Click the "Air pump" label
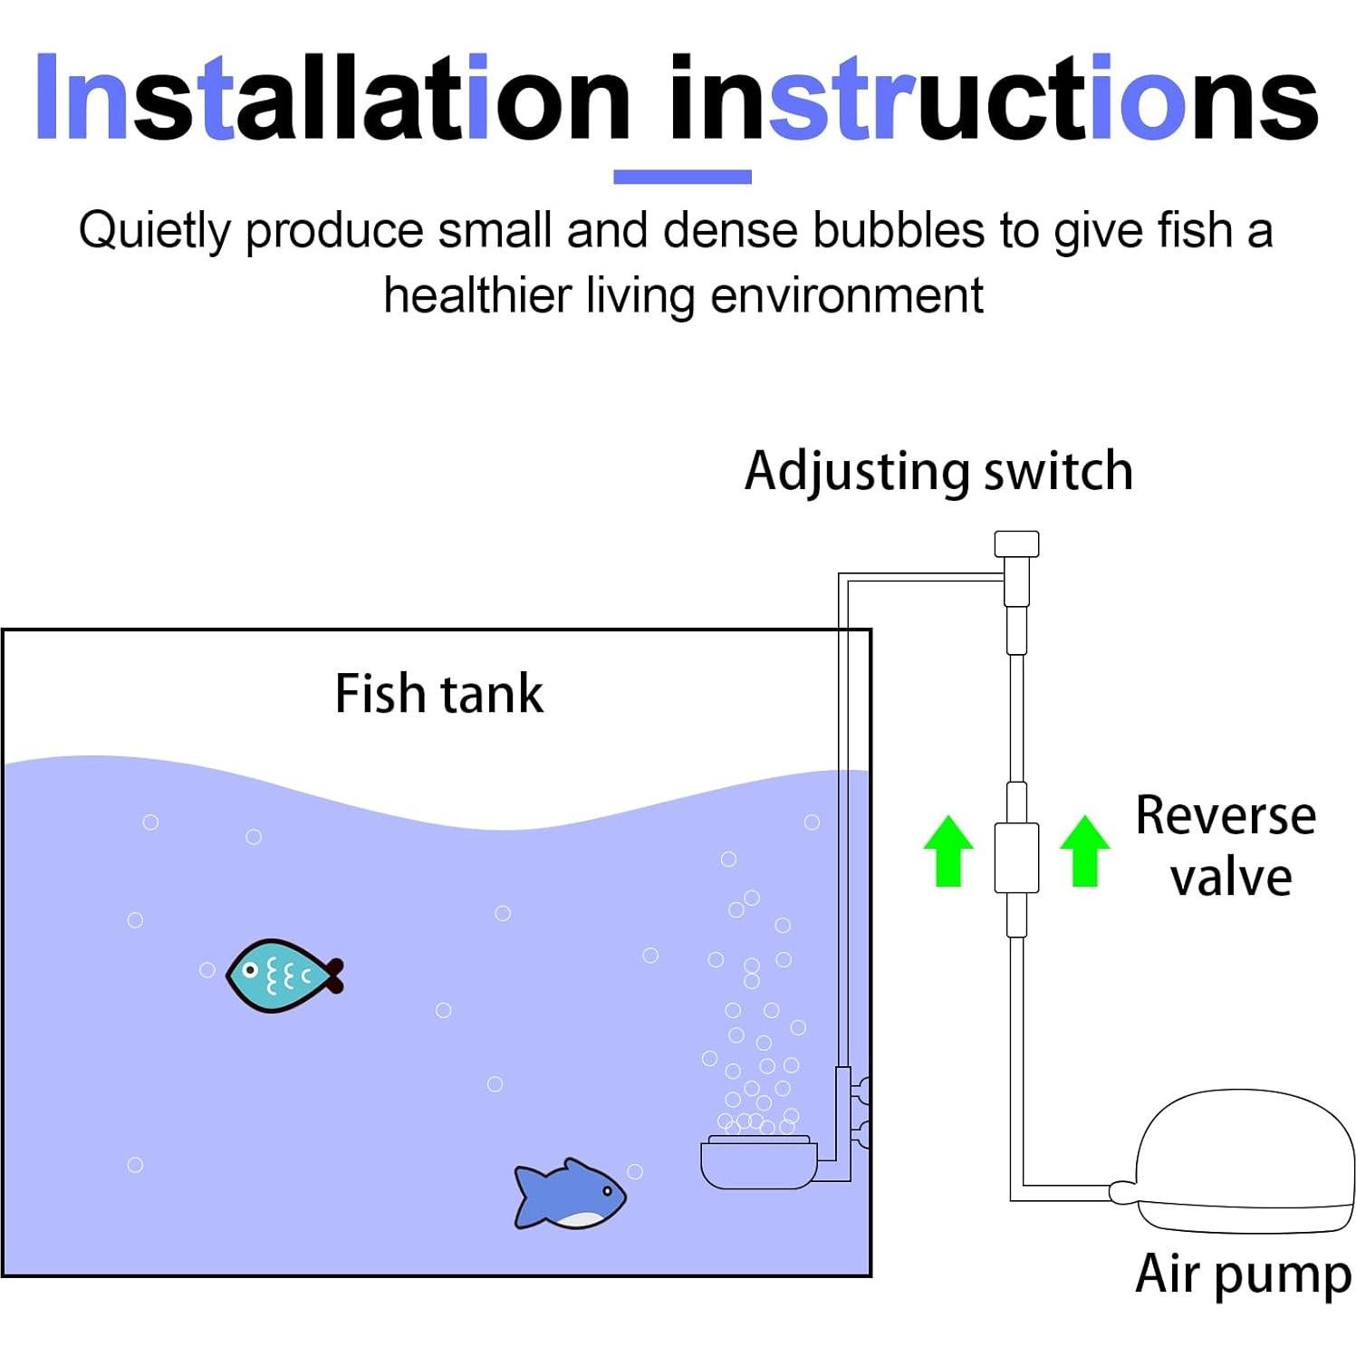pyautogui.click(x=1242, y=1274)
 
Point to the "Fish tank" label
pyautogui.click(x=439, y=695)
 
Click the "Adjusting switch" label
pyautogui.click(x=938, y=472)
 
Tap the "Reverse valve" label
pyautogui.click(x=1226, y=846)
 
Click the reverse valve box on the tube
pyautogui.click(x=1016, y=857)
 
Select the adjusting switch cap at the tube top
pyautogui.click(x=1016, y=543)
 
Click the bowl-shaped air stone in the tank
pyautogui.click(x=759, y=1163)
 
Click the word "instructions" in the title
pyautogui.click(x=994, y=98)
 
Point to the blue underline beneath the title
pyautogui.click(x=682, y=177)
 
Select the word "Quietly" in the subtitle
pyautogui.click(x=155, y=231)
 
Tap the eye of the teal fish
pyautogui.click(x=251, y=970)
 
